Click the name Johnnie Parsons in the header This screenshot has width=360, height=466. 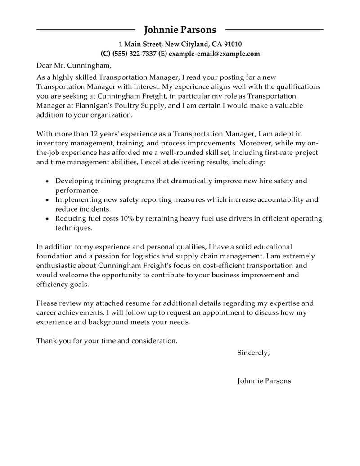pyautogui.click(x=180, y=30)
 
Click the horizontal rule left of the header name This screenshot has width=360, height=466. pyautogui.click(x=85, y=30)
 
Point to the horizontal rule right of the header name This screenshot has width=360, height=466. pyautogui.click(x=274, y=30)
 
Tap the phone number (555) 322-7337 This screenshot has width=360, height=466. pyautogui.click(x=133, y=54)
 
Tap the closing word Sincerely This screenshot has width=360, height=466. pyautogui.click(x=253, y=353)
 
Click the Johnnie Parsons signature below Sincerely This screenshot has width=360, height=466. pyautogui.click(x=264, y=381)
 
